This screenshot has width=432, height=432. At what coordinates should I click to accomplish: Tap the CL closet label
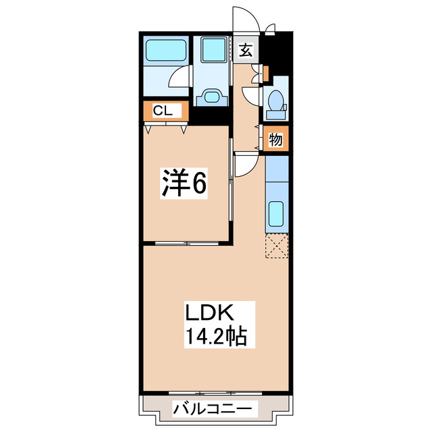click(x=161, y=111)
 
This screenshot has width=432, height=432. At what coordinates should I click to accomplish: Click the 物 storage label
click(x=275, y=140)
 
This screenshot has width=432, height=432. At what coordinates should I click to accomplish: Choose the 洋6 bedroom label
click(x=182, y=183)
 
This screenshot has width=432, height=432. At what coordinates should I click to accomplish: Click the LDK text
click(x=209, y=314)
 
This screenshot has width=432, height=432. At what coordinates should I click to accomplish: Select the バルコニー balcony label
click(x=215, y=408)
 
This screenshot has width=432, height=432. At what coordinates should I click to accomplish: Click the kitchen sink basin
click(x=276, y=215)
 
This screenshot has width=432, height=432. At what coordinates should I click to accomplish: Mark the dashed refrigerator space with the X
click(x=277, y=246)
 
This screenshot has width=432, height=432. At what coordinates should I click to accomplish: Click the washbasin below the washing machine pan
click(x=212, y=96)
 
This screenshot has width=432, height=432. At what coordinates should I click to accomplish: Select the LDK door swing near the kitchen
click(x=246, y=163)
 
